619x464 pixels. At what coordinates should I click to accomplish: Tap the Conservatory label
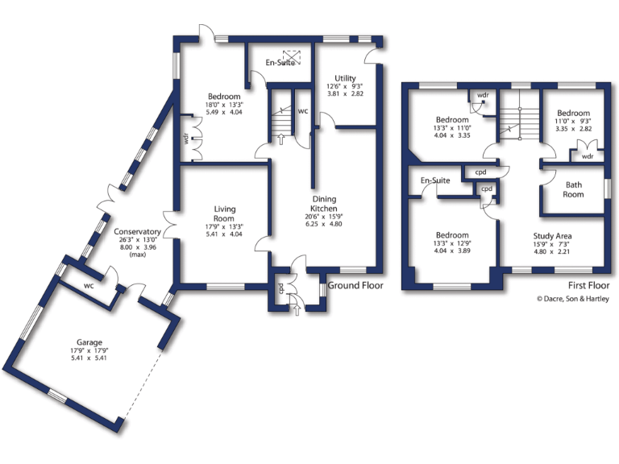[x=138, y=232]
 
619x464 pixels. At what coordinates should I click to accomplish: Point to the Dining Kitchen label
[x=324, y=204]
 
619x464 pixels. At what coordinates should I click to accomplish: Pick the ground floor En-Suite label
[x=281, y=63]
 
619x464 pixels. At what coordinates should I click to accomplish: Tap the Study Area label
[x=552, y=237]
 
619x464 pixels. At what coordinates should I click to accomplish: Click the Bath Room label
[x=573, y=189]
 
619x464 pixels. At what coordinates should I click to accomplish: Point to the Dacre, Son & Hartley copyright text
[x=574, y=299]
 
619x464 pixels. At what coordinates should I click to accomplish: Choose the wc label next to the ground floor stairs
[x=303, y=111]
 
